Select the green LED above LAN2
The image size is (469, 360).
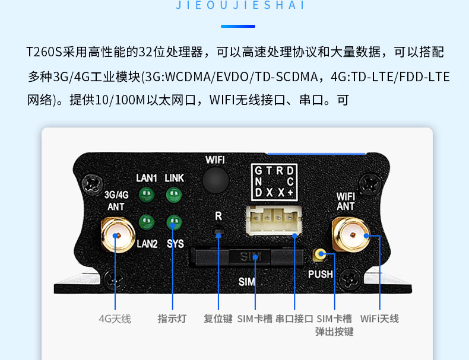147,222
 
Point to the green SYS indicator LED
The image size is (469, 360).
173,222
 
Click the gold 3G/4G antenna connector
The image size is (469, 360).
117,236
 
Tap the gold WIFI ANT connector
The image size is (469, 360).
350,236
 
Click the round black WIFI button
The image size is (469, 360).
216,179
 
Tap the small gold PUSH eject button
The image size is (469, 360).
320,256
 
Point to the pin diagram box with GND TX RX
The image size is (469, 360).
274,181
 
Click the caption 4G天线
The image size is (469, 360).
115,319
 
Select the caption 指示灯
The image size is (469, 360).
172,319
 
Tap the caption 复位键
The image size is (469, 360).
218,319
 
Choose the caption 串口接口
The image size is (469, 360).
294,319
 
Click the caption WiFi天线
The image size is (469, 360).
379,319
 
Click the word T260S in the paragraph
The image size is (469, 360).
45,52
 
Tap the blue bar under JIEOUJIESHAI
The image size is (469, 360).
238,26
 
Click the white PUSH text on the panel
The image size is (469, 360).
321,275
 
